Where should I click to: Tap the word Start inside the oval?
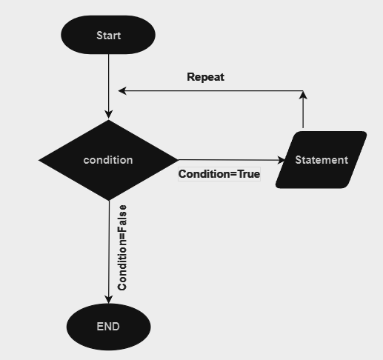pyautogui.click(x=109, y=36)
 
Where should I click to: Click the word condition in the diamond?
pyautogui.click(x=108, y=160)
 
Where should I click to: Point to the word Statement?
pyautogui.click(x=322, y=160)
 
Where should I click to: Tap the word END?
pyautogui.click(x=108, y=327)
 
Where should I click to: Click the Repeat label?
pyautogui.click(x=205, y=77)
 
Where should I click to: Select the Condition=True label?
pyautogui.click(x=219, y=175)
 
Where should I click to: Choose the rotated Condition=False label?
pyautogui.click(x=123, y=247)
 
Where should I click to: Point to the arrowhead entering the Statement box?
pyautogui.click(x=281, y=160)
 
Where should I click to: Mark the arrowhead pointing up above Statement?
pyautogui.click(x=303, y=95)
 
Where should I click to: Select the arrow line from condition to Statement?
pyautogui.click(x=230, y=160)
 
